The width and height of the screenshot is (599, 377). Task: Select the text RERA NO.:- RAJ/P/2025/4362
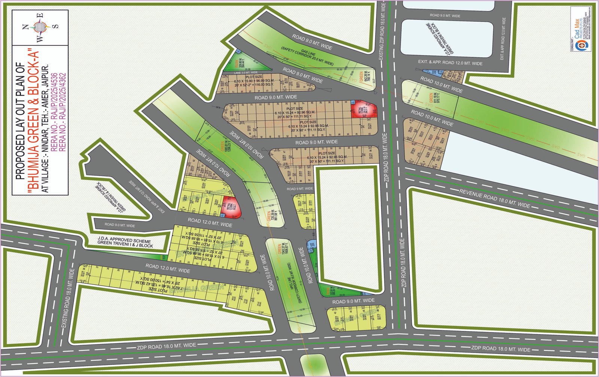(x=63, y=112)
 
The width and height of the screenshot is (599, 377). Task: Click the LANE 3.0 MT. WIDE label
(x=246, y=72)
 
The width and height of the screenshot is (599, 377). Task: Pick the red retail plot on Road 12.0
(x=231, y=207)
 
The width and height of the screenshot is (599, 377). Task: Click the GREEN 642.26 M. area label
(x=364, y=77)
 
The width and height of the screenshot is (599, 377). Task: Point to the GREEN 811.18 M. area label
(x=434, y=98)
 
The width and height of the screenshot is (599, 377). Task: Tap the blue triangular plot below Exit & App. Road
(x=431, y=71)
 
